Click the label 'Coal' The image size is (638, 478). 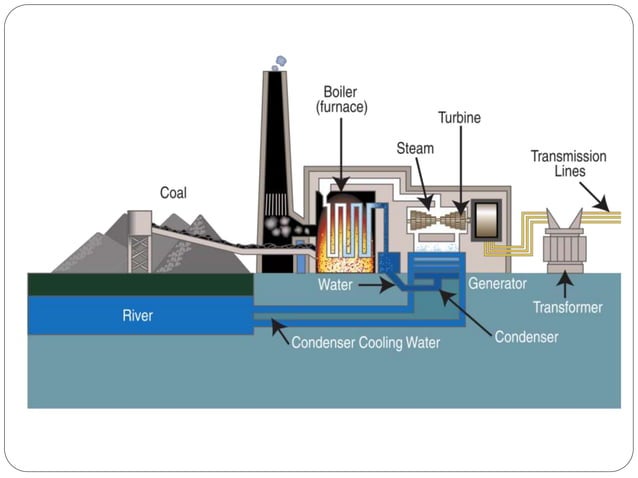pyautogui.click(x=173, y=193)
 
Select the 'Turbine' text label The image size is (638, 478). pyautogui.click(x=459, y=118)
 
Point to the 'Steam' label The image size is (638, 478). pyautogui.click(x=415, y=149)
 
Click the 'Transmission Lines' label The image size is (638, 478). pyautogui.click(x=568, y=162)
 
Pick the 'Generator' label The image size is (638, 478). pyautogui.click(x=495, y=284)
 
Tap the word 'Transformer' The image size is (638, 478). pyautogui.click(x=567, y=307)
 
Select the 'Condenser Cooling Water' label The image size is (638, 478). pyautogui.click(x=365, y=342)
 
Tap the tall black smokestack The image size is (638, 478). pyautogui.click(x=276, y=170)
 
